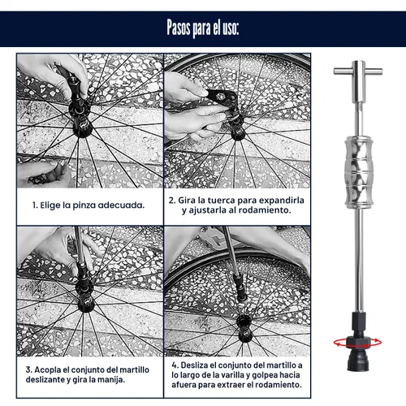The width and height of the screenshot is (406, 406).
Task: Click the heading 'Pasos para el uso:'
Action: (x=203, y=28)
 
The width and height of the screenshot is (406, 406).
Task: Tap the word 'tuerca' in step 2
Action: (x=221, y=201)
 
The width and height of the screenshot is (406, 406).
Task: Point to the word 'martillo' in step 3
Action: (x=134, y=369)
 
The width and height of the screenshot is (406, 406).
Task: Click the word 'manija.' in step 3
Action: (x=111, y=379)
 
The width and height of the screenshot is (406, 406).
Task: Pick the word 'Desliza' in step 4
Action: (x=194, y=365)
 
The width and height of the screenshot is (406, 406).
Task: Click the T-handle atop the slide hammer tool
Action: (x=358, y=71)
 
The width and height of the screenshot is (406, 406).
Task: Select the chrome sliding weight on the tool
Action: (x=359, y=172)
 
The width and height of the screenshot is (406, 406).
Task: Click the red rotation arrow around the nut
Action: (x=357, y=343)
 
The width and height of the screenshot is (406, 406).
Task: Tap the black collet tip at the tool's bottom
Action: (x=358, y=361)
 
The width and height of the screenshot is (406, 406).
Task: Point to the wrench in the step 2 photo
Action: (x=222, y=97)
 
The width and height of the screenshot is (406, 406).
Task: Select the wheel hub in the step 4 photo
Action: (x=245, y=329)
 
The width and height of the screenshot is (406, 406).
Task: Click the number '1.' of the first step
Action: (x=35, y=205)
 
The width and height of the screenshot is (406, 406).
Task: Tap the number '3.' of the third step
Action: (x=29, y=369)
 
